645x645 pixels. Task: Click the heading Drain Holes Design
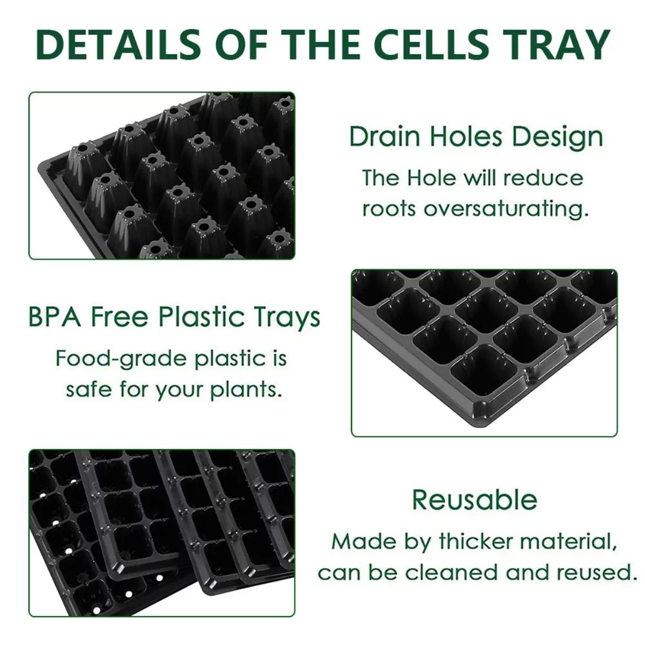point(476,137)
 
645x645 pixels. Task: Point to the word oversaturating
point(513,208)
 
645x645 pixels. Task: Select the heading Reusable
point(474,500)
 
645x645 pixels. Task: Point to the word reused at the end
point(599,572)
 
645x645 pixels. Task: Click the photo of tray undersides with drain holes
point(161,175)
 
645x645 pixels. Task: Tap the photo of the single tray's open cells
point(484,352)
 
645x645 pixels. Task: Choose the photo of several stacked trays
point(161,532)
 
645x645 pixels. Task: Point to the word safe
point(89,390)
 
